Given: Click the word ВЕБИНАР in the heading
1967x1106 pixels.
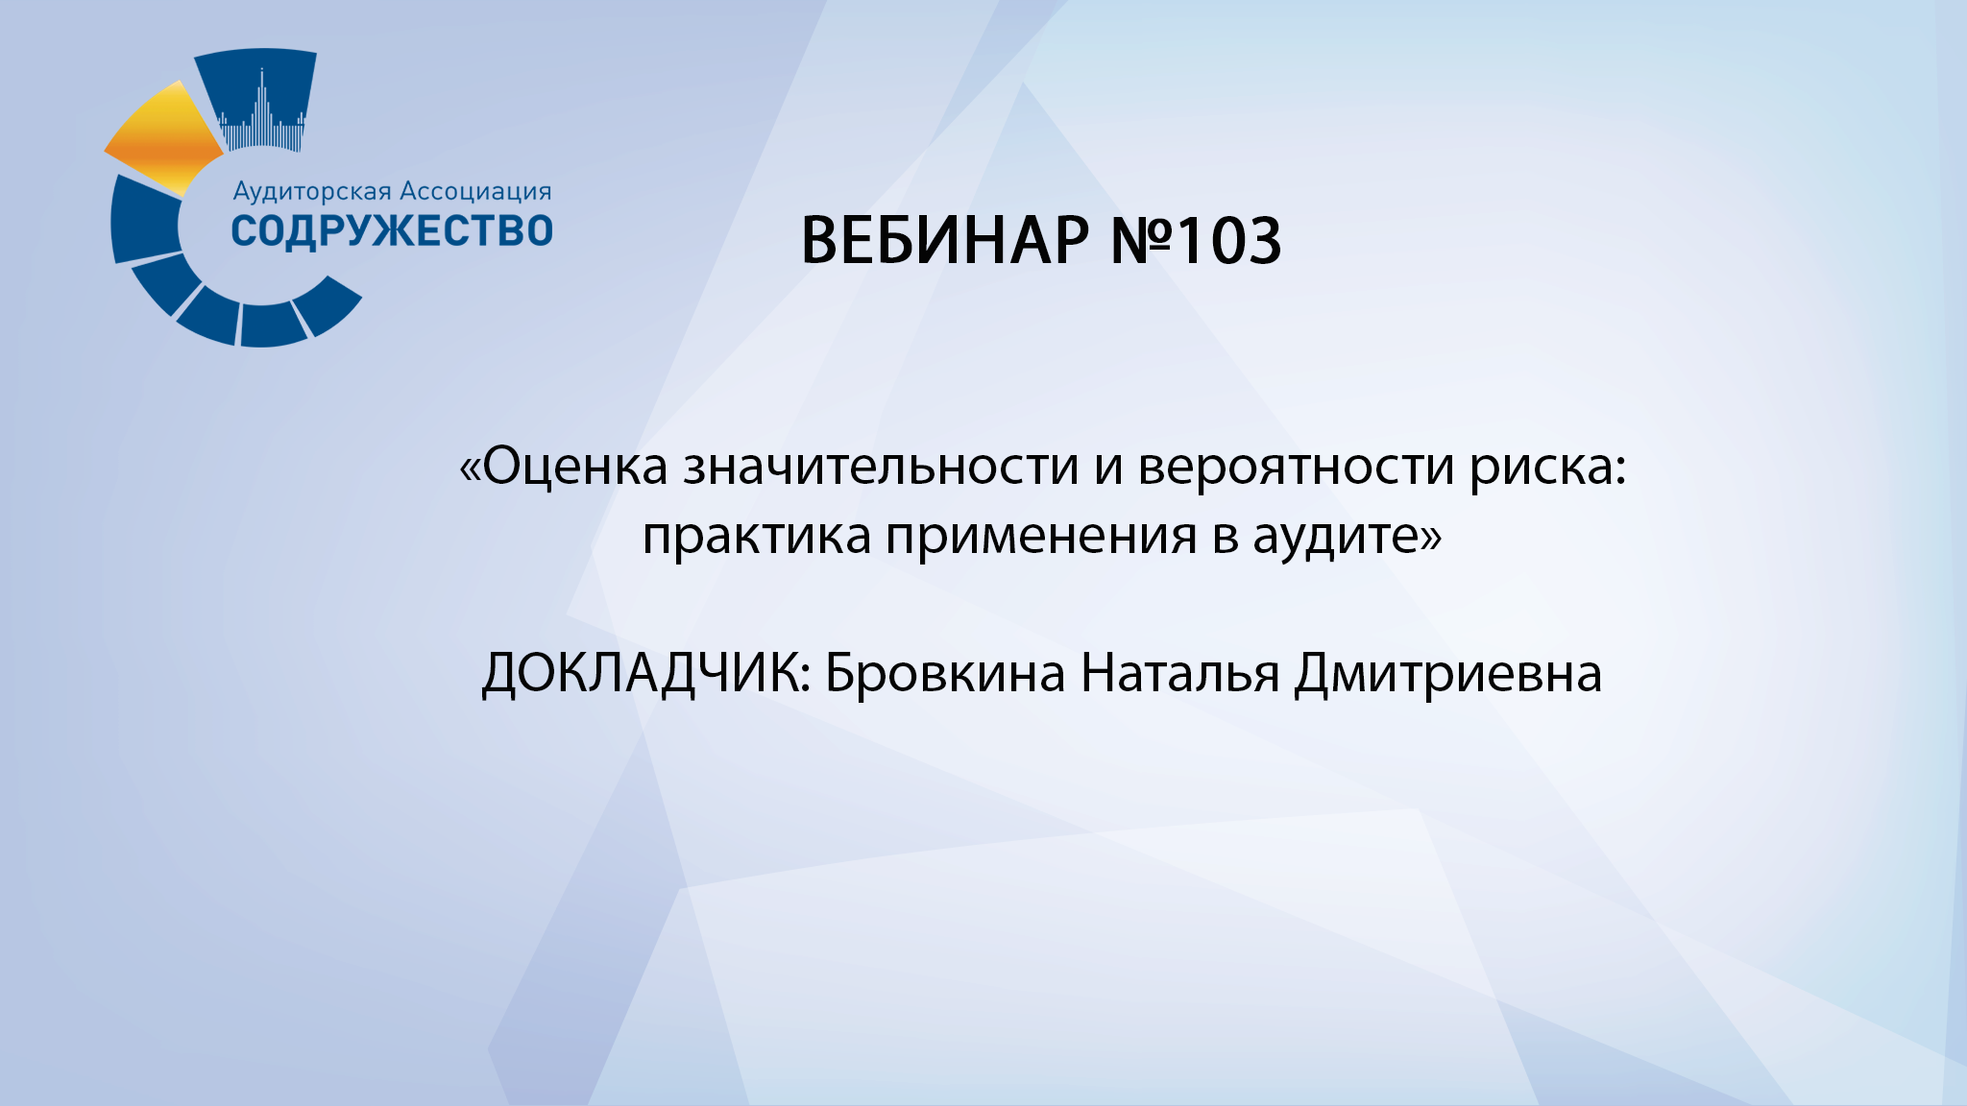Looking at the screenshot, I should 945,240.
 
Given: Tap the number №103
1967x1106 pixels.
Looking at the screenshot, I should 1196,240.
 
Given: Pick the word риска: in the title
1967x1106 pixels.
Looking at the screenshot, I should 1547,467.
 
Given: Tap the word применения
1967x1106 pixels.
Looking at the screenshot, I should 1041,536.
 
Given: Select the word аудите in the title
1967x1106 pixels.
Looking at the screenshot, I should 1336,536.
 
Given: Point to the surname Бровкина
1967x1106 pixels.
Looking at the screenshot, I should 945,672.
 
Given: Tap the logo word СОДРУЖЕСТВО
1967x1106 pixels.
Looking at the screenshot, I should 392,231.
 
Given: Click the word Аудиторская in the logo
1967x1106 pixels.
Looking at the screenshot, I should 312,191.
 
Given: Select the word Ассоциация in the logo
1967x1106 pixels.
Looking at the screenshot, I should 475,191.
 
